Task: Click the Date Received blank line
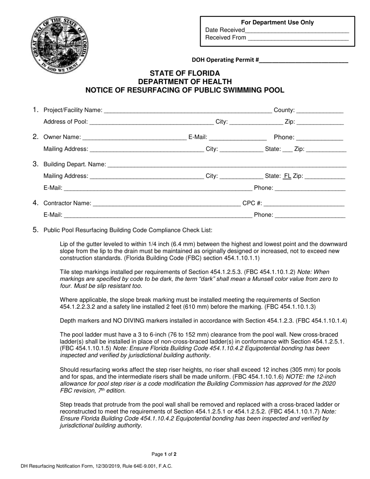pyautogui.click(x=297, y=30)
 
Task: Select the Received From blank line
pyautogui.click(x=298, y=38)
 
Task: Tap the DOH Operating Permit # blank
pyautogui.click(x=303, y=60)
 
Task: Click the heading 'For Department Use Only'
pyautogui.click(x=277, y=23)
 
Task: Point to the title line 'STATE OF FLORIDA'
pyautogui.click(x=185, y=73)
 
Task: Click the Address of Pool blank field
pyautogui.click(x=152, y=122)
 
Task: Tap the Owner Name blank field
pyautogui.click(x=134, y=137)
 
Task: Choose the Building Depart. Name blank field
pyautogui.click(x=227, y=165)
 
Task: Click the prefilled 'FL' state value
pyautogui.click(x=287, y=176)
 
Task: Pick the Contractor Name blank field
pyautogui.click(x=167, y=203)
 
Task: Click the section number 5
pyautogui.click(x=35, y=230)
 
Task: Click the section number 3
pyautogui.click(x=35, y=164)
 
